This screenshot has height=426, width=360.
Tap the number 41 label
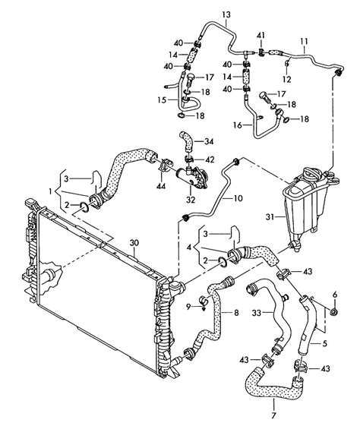[261, 36]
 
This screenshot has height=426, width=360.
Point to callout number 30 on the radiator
[134, 244]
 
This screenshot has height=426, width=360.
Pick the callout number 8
[236, 312]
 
